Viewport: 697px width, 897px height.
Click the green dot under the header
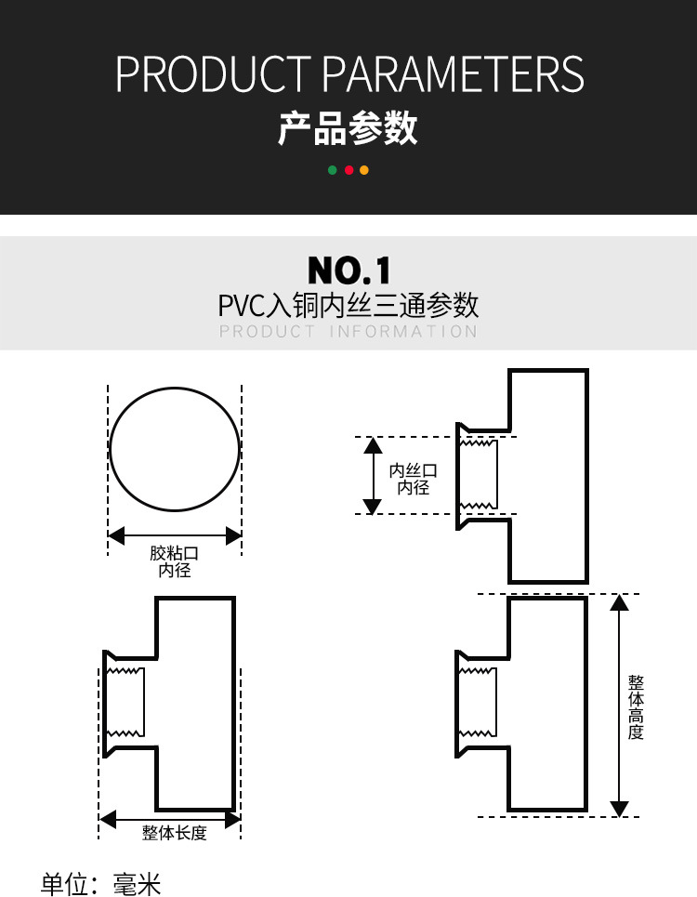[x=333, y=170]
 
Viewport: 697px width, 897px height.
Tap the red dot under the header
[x=348, y=170]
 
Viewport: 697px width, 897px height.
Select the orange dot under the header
[x=364, y=170]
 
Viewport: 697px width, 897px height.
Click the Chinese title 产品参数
[x=348, y=128]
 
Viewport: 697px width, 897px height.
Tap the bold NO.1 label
[x=349, y=270]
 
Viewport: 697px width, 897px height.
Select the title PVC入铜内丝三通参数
[x=348, y=305]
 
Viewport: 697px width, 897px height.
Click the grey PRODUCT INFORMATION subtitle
[x=348, y=332]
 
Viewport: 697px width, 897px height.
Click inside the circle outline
[x=175, y=447]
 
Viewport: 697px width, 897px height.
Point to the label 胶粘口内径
[x=175, y=561]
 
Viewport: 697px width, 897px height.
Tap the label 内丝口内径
[x=414, y=479]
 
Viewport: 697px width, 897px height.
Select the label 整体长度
[x=174, y=833]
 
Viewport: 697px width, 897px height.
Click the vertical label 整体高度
[x=636, y=706]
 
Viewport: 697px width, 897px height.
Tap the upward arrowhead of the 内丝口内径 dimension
[x=373, y=445]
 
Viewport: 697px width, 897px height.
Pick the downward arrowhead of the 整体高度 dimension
[x=620, y=808]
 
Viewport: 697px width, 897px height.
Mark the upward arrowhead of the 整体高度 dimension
[x=620, y=601]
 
